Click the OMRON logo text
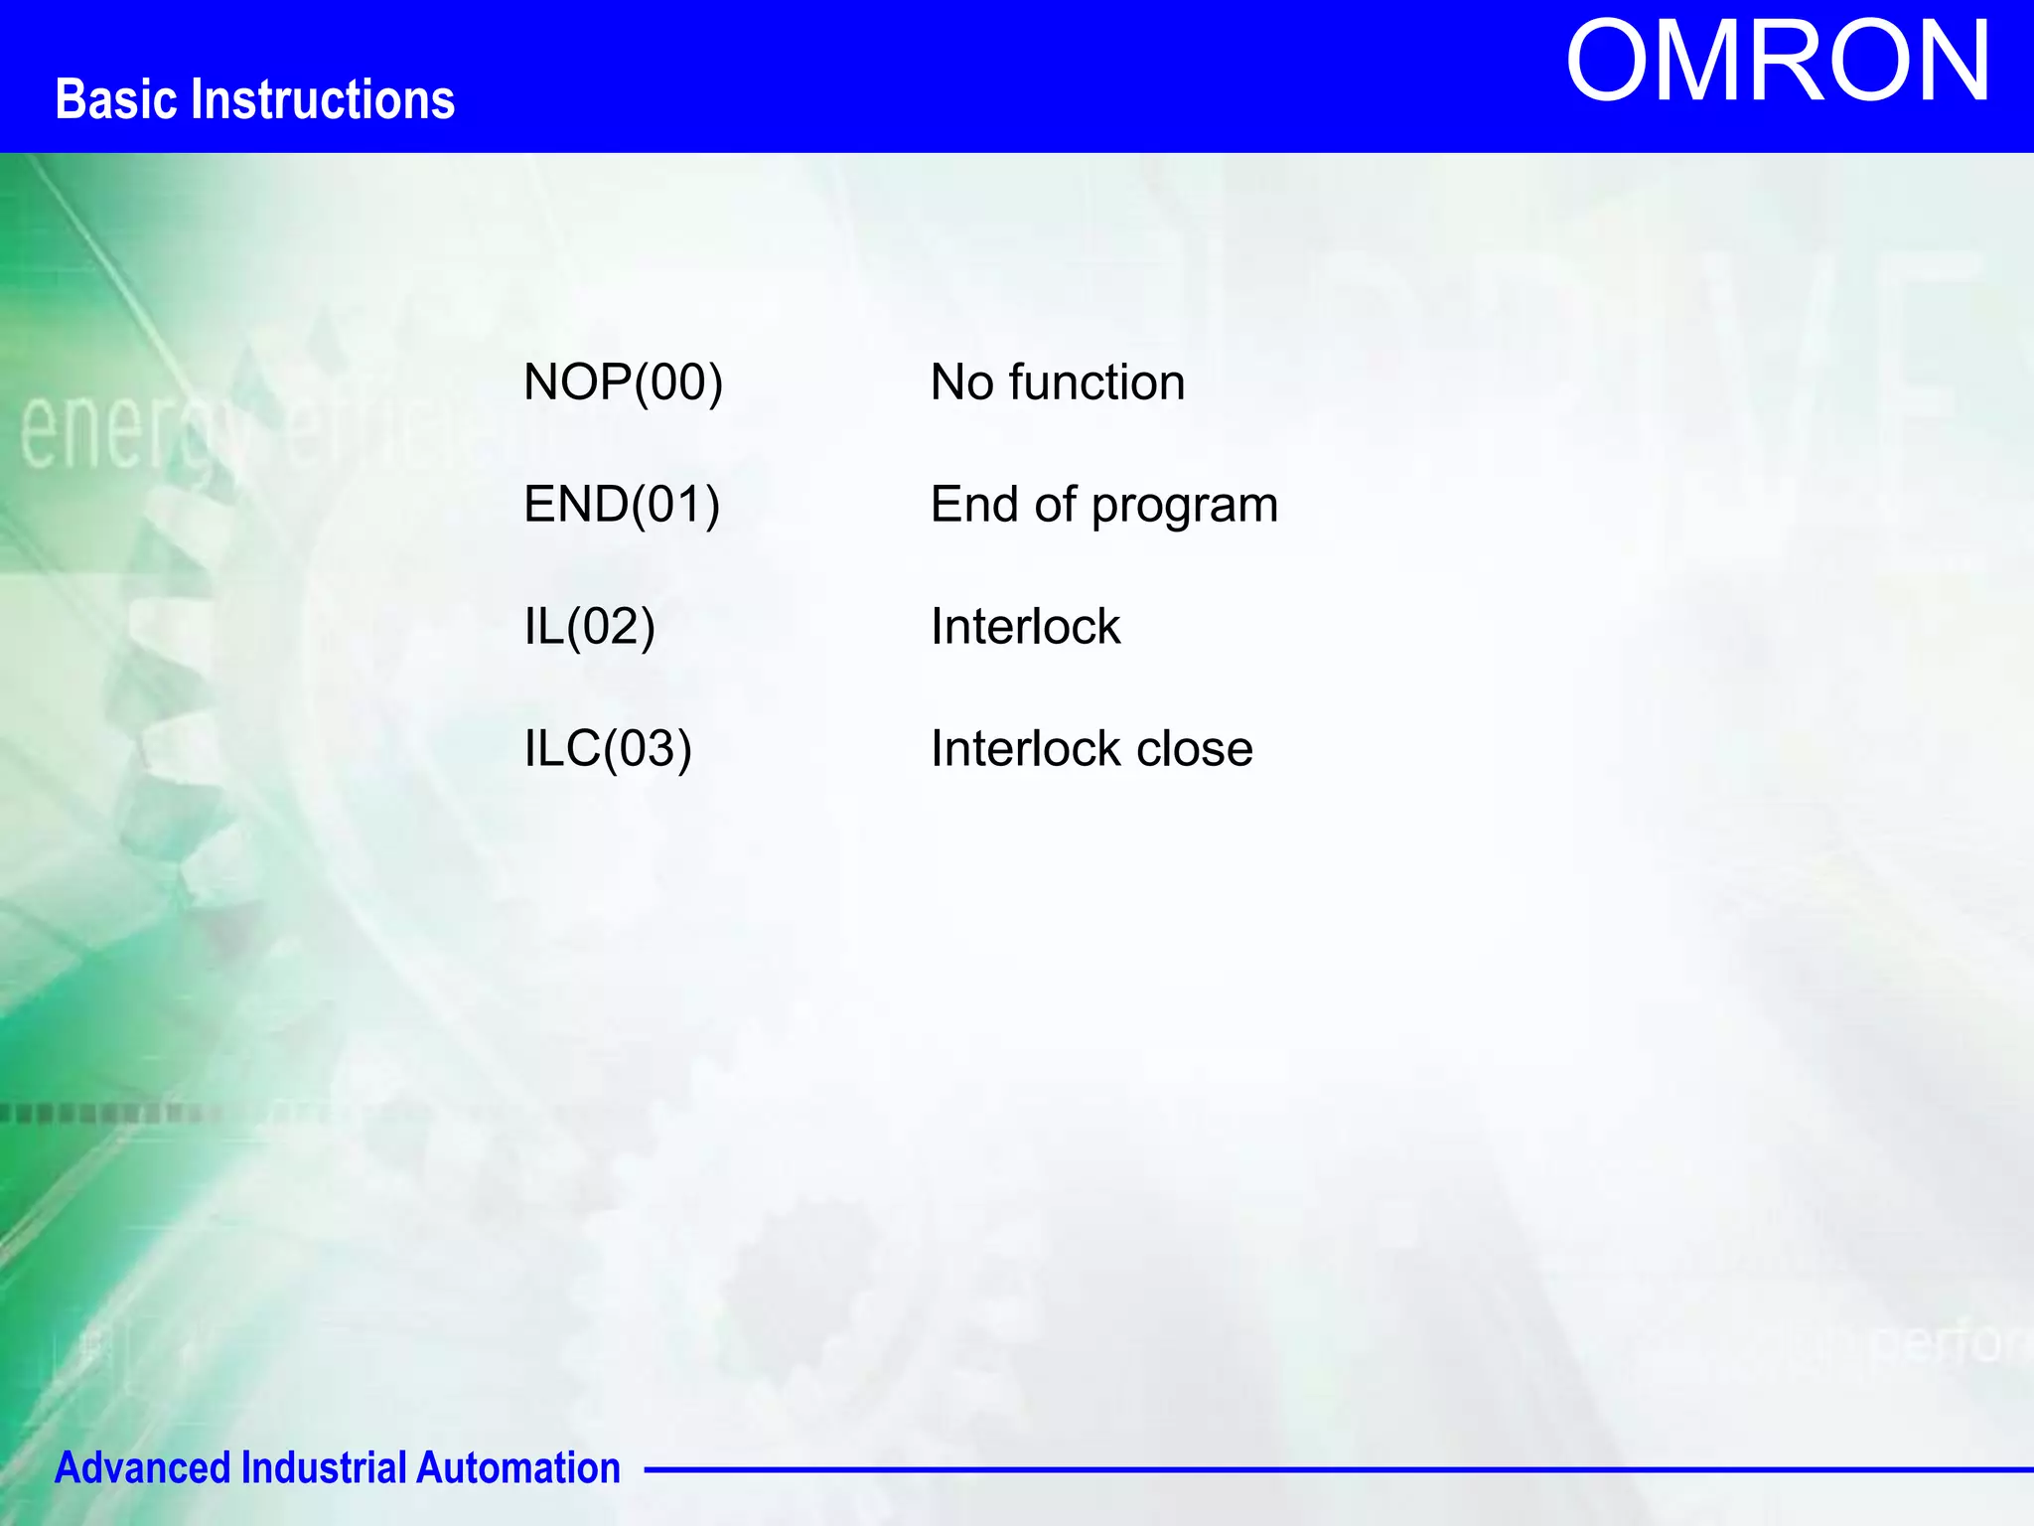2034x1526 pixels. coord(1777,63)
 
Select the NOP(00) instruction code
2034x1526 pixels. coord(623,382)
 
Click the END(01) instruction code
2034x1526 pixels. coord(621,505)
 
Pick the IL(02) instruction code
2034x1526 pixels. coord(589,627)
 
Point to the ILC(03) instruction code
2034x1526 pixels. coord(607,749)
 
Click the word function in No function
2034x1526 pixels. coord(1096,382)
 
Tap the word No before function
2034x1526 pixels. coord(961,382)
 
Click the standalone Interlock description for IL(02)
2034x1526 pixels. coord(1025,627)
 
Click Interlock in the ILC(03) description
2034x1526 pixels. coord(1025,749)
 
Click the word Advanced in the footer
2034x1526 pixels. coord(143,1467)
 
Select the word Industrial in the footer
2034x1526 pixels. coord(324,1467)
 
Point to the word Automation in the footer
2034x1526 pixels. coord(517,1467)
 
